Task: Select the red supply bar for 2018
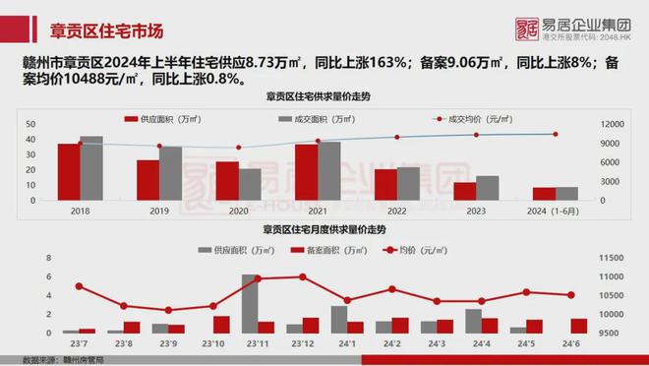tap(68, 172)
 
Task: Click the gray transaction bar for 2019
tap(171, 173)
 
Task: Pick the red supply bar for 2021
tap(306, 172)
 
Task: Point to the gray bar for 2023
tap(488, 188)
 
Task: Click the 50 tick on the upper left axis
tap(31, 124)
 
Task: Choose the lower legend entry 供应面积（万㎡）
tap(233, 250)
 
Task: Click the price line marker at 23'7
tap(79, 286)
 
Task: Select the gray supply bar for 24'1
tap(339, 320)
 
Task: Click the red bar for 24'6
tap(578, 326)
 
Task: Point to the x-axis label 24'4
tap(481, 343)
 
